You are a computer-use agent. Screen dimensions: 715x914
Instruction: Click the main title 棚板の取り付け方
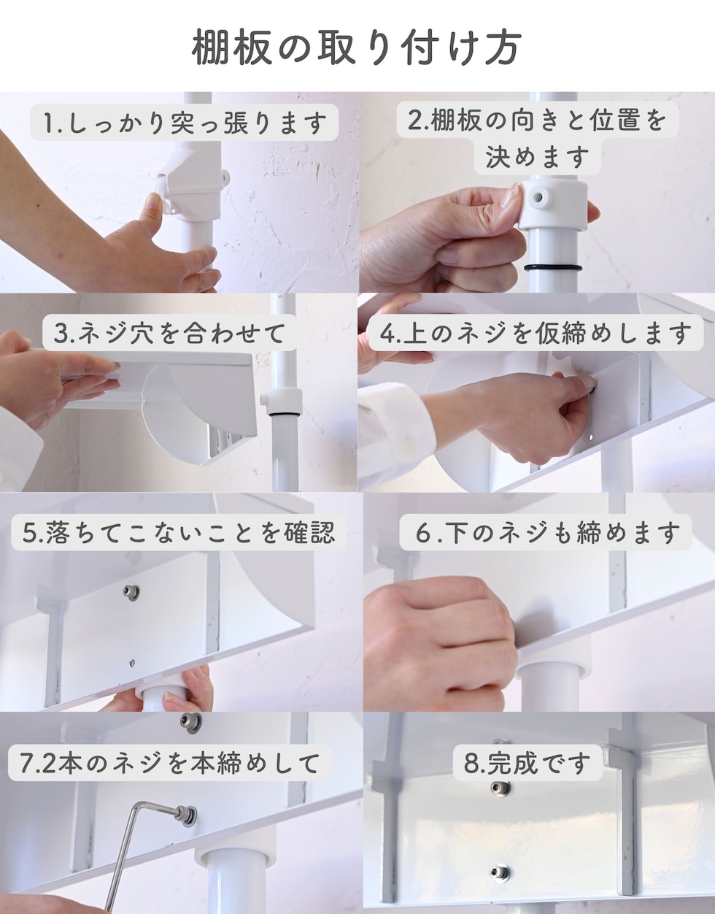pos(357,47)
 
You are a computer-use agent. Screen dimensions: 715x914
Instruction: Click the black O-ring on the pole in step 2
pos(553,268)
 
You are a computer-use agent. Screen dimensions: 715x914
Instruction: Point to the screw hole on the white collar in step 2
pos(537,196)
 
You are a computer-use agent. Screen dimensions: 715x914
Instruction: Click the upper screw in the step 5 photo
pos(131,592)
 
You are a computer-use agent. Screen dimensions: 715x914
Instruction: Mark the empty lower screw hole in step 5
pos(132,664)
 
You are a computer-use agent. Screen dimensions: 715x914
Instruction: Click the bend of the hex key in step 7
pos(137,805)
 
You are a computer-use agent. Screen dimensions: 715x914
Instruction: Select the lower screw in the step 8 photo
pos(500,872)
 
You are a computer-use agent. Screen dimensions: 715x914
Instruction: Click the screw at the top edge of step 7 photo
pos(190,722)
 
